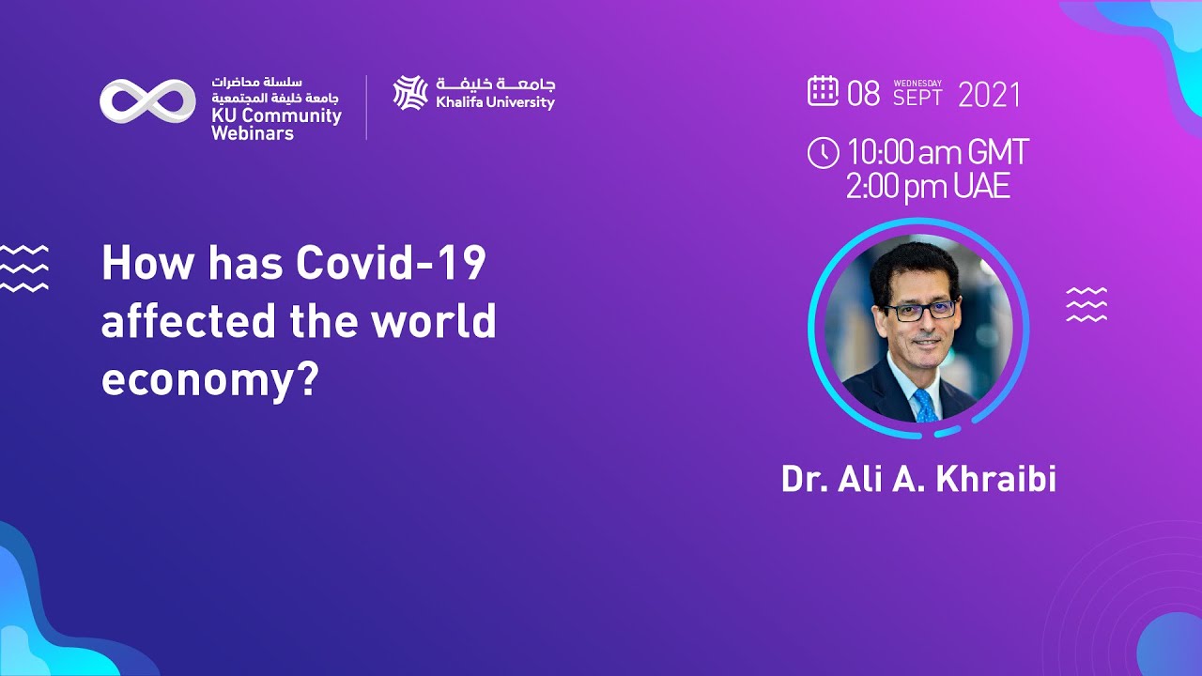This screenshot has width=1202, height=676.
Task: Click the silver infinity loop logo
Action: (147, 100)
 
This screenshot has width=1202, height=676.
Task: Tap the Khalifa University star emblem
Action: (410, 93)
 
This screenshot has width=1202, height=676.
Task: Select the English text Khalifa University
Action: (495, 102)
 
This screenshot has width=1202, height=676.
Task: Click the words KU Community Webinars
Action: (276, 125)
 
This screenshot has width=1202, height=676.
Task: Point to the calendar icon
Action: (823, 91)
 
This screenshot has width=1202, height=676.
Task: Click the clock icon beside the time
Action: (823, 153)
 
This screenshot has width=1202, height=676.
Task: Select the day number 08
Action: (864, 94)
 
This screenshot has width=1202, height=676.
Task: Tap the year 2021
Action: (989, 95)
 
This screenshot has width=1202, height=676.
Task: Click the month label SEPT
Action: (917, 98)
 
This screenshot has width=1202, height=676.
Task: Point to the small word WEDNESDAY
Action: (917, 83)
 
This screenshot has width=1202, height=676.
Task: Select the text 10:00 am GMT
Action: (937, 153)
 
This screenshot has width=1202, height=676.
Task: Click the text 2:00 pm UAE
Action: (928, 187)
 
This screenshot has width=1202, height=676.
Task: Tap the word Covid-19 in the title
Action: (391, 265)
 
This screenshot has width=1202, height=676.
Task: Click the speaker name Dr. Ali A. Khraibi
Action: (918, 479)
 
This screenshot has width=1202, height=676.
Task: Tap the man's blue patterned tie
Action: (925, 406)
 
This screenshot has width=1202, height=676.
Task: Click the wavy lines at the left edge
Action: (23, 268)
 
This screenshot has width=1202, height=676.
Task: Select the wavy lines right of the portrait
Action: (1086, 305)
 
